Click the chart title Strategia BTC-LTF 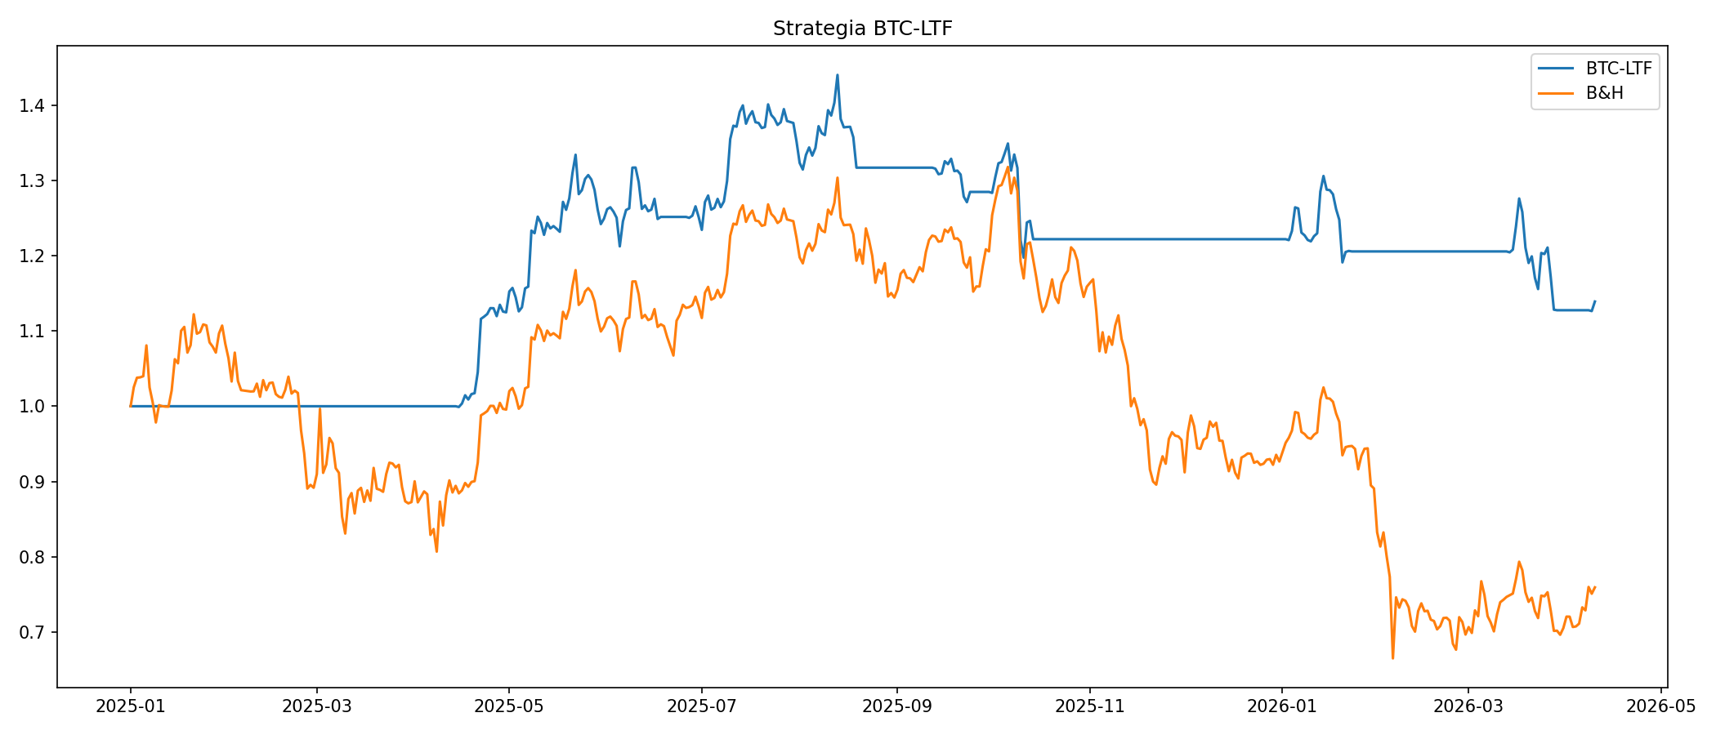coord(862,29)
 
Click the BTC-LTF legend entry coord(1619,69)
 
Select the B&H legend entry coord(1604,93)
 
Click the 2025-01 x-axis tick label coord(131,706)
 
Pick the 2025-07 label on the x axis coord(701,706)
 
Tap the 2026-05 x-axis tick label coord(1660,706)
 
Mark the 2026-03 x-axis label coord(1468,706)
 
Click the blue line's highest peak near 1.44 coord(837,75)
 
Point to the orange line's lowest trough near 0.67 coord(1392,657)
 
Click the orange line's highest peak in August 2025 coord(837,178)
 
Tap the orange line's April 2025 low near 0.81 coord(436,550)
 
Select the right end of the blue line coord(1594,301)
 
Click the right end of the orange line coord(1594,586)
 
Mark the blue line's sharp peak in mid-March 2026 coord(1519,198)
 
